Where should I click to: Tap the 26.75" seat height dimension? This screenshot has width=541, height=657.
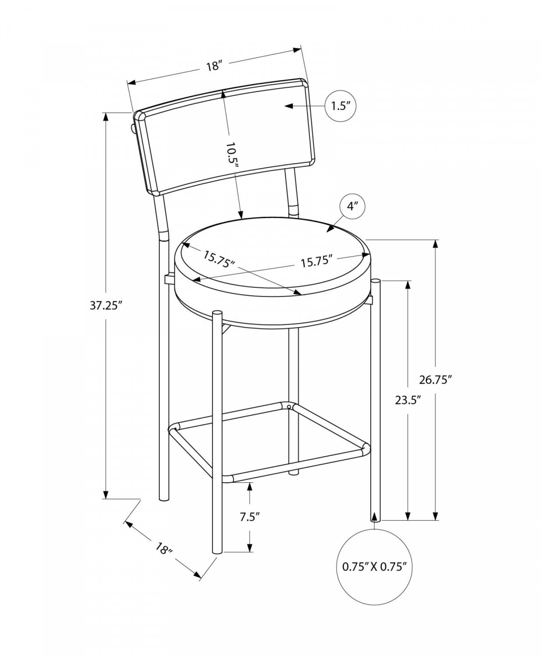pos(435,380)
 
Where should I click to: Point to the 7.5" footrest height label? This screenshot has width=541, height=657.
pos(250,517)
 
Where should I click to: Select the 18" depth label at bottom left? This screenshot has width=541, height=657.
pos(165,549)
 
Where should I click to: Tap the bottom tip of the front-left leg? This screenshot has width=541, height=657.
pos(217,551)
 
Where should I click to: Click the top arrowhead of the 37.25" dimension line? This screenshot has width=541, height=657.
pos(105,117)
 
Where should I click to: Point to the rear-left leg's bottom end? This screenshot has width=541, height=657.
pos(163,500)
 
